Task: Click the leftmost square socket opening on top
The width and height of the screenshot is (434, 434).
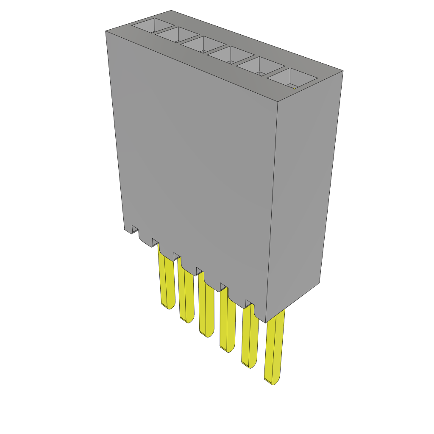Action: (x=147, y=26)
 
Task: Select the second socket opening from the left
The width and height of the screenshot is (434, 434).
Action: (x=177, y=35)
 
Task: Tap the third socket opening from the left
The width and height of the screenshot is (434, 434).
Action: (x=203, y=45)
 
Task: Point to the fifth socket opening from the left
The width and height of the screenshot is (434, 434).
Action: (x=260, y=67)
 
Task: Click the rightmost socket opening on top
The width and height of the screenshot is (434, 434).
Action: (x=292, y=78)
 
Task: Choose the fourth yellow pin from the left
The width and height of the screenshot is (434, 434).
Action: (x=228, y=322)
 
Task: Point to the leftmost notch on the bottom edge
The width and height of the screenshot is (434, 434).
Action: (x=135, y=230)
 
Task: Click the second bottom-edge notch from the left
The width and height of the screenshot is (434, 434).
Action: (x=156, y=243)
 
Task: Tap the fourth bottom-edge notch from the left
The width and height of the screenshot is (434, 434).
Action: (x=199, y=270)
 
